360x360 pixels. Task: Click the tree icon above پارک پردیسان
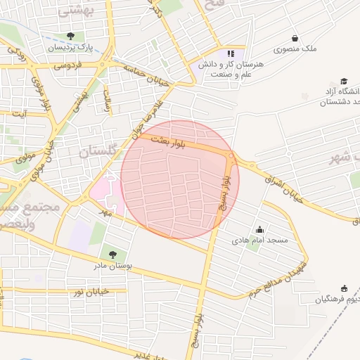(x=70, y=36)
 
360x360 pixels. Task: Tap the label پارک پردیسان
(x=70, y=48)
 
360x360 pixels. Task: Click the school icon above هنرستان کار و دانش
(x=230, y=53)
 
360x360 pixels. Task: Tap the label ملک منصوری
(x=295, y=50)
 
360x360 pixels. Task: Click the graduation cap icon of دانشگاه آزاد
(x=344, y=82)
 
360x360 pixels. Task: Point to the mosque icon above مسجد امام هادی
(x=260, y=229)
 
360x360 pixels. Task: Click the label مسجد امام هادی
(x=260, y=240)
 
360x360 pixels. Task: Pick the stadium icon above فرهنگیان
(x=344, y=288)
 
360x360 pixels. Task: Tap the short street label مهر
(x=105, y=209)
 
